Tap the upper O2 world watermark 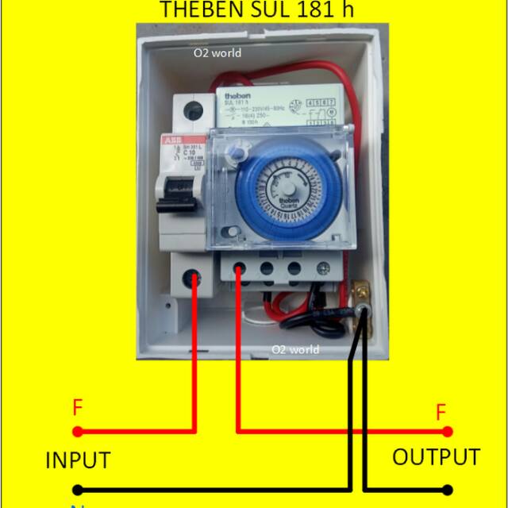pos(218,53)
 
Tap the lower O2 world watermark pos(295,349)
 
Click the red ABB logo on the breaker pos(171,140)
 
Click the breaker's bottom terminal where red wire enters pos(192,277)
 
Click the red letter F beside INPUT pos(77,408)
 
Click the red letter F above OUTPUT pos(441,412)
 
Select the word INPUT pos(77,460)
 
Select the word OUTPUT pos(436,457)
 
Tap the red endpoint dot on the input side pos(77,432)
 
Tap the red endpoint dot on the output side pos(448,432)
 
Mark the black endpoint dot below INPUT pos(77,491)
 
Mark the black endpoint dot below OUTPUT pos(448,491)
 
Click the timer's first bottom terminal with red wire pos(239,271)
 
